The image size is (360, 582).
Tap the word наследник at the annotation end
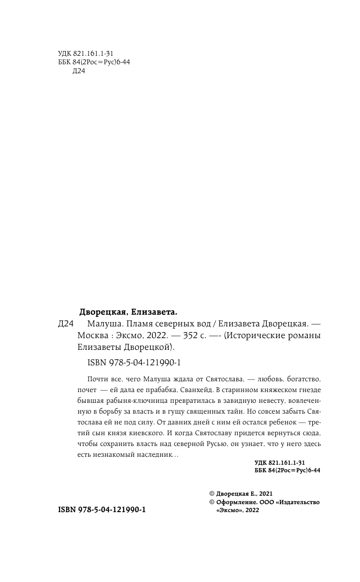148,454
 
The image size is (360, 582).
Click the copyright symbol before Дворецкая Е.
211,494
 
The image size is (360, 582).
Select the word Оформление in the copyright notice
235,502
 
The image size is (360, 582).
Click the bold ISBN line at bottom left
102,509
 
